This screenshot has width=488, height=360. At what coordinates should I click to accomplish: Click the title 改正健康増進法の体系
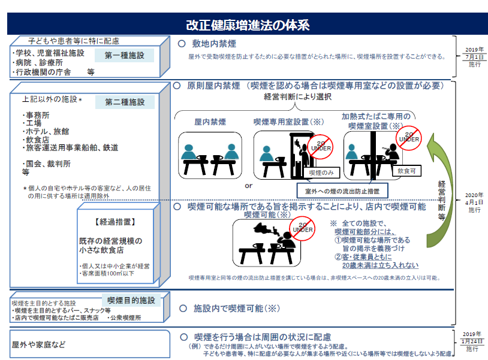(248, 25)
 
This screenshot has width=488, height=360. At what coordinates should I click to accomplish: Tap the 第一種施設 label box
(124, 55)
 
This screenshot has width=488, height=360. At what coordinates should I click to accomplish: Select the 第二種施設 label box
(125, 102)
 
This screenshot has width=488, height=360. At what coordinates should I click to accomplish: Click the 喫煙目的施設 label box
(131, 300)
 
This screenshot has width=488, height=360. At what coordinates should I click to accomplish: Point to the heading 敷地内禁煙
(214, 44)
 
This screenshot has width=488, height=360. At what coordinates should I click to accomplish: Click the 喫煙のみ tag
(321, 173)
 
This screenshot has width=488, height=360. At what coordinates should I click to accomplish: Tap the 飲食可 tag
(406, 171)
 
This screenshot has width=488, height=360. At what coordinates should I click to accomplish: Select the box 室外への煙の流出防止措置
(342, 191)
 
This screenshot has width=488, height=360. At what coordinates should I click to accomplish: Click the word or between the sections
(248, 186)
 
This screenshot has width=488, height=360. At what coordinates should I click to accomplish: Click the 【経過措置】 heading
(115, 222)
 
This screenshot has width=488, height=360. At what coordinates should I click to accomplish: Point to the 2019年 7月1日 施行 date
(474, 57)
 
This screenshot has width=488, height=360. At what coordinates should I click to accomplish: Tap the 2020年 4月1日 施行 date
(474, 202)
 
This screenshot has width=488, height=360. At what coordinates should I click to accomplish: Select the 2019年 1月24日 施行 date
(472, 341)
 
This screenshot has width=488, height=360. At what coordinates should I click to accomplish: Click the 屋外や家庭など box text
(38, 344)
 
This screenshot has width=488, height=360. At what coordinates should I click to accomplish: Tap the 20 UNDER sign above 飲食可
(409, 138)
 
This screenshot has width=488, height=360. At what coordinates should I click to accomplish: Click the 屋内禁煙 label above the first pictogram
(210, 122)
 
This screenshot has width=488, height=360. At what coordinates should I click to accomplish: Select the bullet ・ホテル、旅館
(46, 132)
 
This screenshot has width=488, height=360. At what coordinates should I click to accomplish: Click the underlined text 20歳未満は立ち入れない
(380, 265)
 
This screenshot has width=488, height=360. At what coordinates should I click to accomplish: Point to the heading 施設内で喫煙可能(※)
(237, 308)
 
